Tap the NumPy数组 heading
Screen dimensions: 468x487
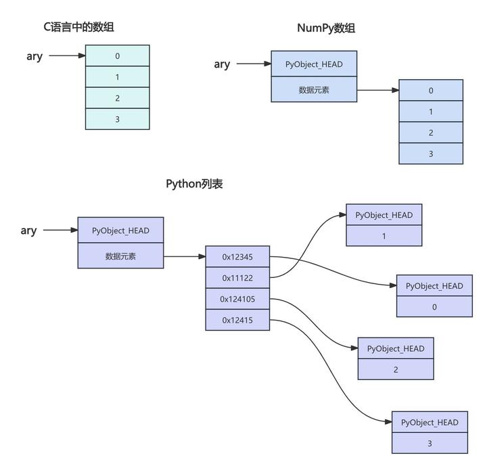(326, 28)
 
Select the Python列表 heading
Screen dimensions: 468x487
(194, 184)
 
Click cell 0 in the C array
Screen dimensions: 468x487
(117, 56)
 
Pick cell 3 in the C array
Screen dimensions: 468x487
(117, 119)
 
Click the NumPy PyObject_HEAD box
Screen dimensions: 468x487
(314, 64)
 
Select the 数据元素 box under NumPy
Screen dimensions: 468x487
(314, 90)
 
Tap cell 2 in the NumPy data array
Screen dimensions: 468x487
(431, 133)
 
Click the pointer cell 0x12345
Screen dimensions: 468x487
(237, 257)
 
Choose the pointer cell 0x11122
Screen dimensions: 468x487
(237, 278)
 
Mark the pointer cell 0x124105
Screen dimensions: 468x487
(237, 299)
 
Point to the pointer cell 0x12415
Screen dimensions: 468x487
(237, 320)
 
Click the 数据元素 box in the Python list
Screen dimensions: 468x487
(120, 256)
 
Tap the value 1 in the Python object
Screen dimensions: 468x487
(384, 236)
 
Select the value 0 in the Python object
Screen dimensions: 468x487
(434, 307)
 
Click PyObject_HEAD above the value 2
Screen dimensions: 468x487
(396, 349)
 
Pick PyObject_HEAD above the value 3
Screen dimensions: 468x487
(430, 423)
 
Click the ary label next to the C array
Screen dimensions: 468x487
(34, 56)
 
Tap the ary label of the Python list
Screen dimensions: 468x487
(28, 231)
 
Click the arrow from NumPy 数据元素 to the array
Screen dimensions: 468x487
(377, 90)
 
